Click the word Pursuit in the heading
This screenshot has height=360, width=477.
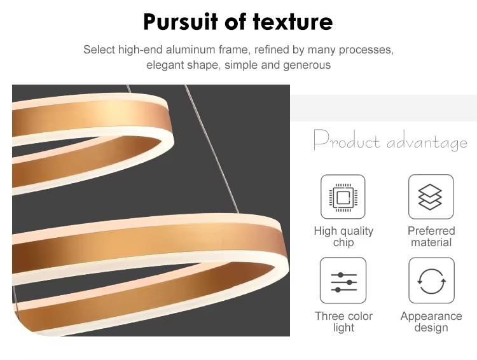tap(181, 22)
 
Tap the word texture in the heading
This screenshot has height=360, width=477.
tap(293, 22)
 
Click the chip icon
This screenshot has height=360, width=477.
tap(343, 197)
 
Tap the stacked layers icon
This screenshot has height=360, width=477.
tap(431, 197)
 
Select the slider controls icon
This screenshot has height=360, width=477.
tap(343, 280)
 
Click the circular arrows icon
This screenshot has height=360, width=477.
tap(431, 280)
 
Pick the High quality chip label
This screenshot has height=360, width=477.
tap(343, 237)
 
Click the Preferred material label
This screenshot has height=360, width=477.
tap(431, 237)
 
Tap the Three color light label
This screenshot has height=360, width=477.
tap(343, 322)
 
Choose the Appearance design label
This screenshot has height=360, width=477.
tap(431, 322)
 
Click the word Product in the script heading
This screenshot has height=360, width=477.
tap(347, 140)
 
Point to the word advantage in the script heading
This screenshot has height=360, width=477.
tap(427, 142)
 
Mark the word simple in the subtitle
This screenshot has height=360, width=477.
tap(241, 65)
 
